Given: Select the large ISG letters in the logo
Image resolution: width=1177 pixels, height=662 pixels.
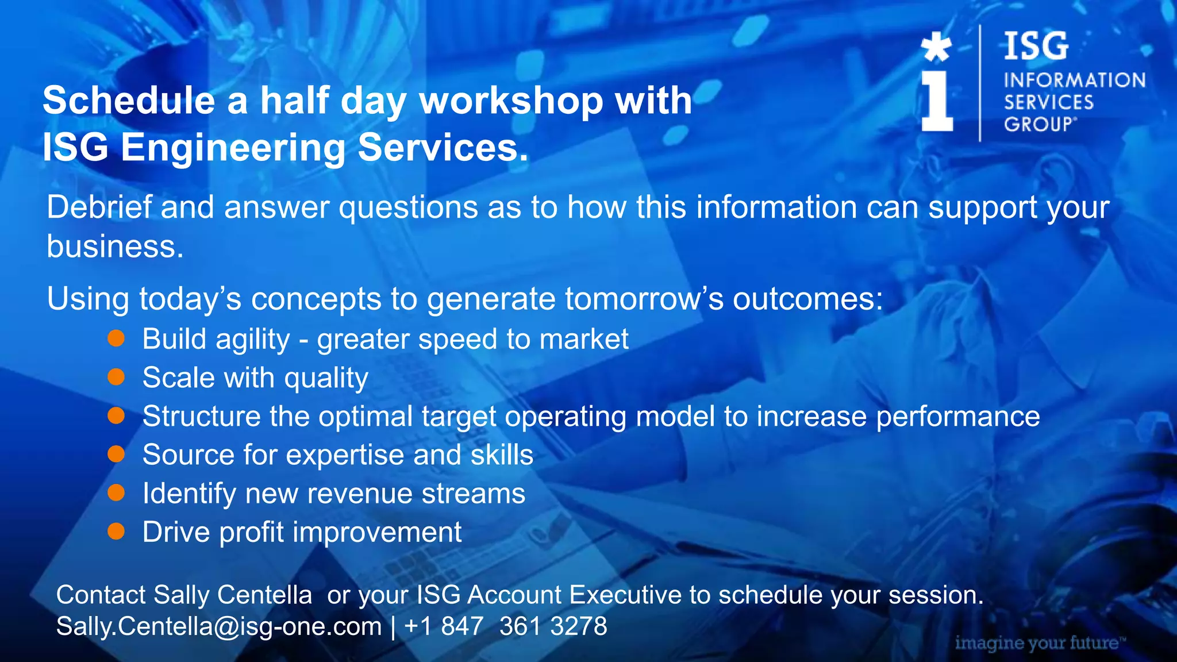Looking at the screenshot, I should (x=1036, y=47).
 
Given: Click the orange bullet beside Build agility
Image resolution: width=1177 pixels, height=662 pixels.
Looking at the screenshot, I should (x=116, y=338).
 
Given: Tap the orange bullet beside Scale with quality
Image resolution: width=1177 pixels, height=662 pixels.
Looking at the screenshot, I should (x=116, y=377).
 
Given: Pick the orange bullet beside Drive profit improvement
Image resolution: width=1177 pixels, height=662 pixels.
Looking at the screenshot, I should (x=116, y=532).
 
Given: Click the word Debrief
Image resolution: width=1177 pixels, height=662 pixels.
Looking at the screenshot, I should (x=99, y=207).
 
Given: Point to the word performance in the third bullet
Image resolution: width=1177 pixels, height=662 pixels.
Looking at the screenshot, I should (x=957, y=417).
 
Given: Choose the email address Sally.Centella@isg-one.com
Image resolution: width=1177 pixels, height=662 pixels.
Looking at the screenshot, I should (x=218, y=626).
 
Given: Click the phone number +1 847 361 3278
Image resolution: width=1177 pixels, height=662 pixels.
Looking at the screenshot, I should (x=506, y=626).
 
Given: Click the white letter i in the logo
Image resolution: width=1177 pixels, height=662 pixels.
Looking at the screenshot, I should (x=937, y=101).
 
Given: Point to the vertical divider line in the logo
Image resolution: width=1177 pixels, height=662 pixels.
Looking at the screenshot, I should (x=980, y=83).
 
